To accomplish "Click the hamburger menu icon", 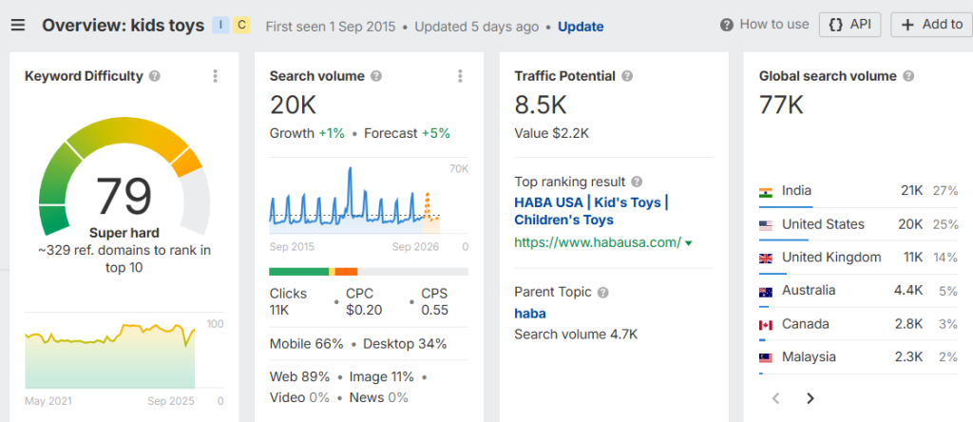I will click(x=18, y=25).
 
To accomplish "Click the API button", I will click(x=849, y=25).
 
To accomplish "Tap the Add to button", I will click(x=931, y=25).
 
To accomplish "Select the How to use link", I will click(x=773, y=25).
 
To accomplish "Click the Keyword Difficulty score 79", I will click(x=124, y=197).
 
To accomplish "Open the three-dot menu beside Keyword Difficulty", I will click(x=216, y=76).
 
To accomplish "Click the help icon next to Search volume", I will click(x=376, y=76).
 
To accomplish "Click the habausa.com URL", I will click(x=598, y=242).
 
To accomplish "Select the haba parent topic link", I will click(x=529, y=313).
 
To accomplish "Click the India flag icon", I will click(x=766, y=191).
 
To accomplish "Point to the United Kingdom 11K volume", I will click(x=911, y=257).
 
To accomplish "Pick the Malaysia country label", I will click(x=809, y=356).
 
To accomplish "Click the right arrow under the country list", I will click(x=811, y=398).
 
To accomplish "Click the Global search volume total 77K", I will click(x=781, y=105).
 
